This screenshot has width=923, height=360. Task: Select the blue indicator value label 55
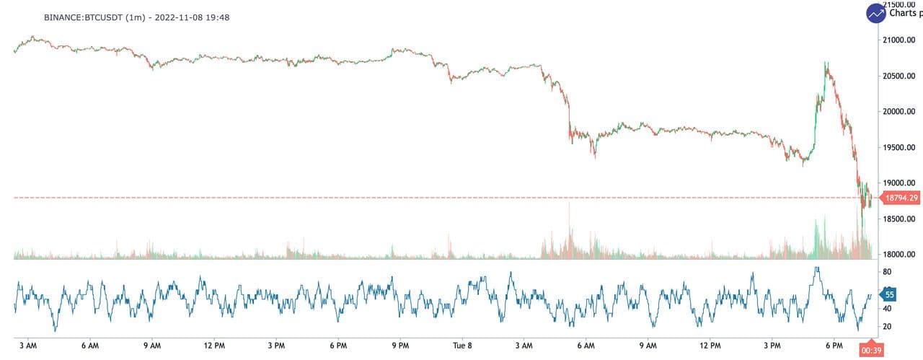[x=890, y=294]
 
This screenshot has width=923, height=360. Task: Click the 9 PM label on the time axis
[x=400, y=345]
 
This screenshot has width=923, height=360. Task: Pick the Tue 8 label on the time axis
[x=461, y=345]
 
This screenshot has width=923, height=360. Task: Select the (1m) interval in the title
[x=138, y=17]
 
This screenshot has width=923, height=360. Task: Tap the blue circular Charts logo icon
[x=876, y=12]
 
